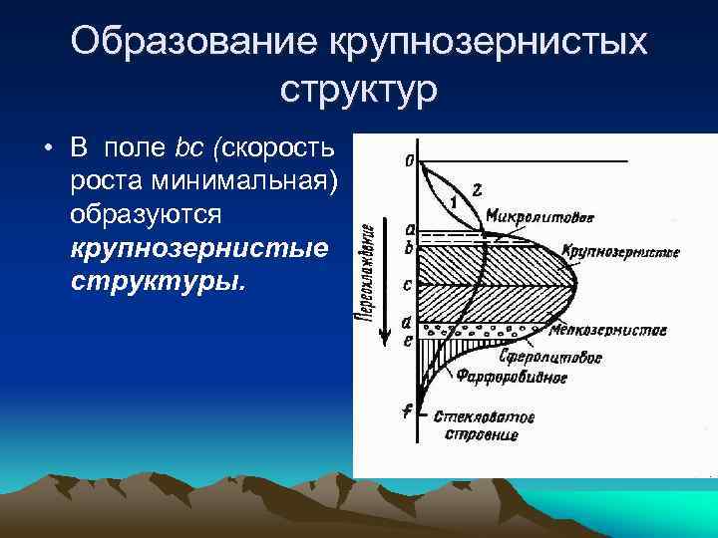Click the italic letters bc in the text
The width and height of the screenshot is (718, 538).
pos(188,150)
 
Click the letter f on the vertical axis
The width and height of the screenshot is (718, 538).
pos(406,409)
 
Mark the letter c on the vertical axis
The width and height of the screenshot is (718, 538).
pos(406,284)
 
